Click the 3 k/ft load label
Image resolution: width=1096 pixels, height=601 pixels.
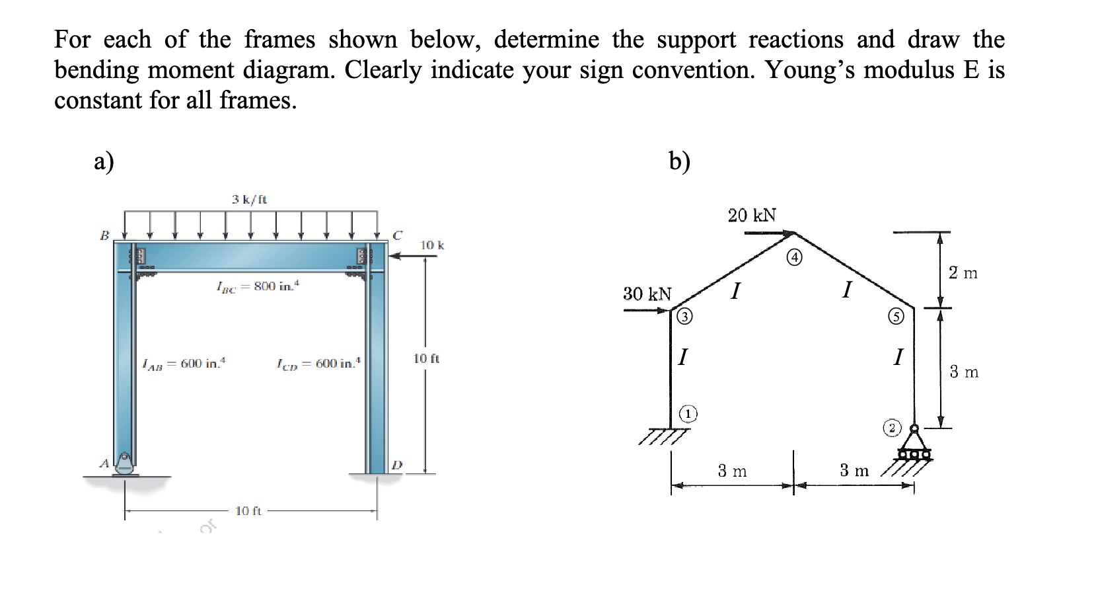click(x=249, y=199)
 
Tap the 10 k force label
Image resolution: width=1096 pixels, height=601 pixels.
click(x=432, y=245)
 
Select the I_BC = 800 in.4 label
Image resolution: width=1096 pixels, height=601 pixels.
click(x=258, y=286)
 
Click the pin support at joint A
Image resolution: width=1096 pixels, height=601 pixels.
click(x=124, y=464)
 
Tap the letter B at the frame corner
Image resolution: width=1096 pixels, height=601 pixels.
click(x=104, y=235)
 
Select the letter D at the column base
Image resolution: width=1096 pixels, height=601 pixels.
click(x=396, y=465)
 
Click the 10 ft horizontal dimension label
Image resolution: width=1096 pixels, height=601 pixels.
click(x=248, y=511)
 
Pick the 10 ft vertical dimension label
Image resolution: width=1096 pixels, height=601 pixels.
click(x=426, y=358)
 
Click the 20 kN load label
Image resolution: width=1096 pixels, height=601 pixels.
click(x=752, y=215)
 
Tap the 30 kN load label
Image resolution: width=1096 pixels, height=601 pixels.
click(x=647, y=294)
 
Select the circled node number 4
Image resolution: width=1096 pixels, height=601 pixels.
click(x=795, y=258)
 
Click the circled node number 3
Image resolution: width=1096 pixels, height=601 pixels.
click(x=685, y=317)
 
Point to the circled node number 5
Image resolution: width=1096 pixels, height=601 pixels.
click(x=895, y=317)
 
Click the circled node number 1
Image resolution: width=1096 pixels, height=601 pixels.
click(x=688, y=414)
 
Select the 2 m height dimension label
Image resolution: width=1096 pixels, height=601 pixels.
click(x=963, y=272)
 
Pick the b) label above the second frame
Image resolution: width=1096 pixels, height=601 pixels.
click(x=679, y=161)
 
